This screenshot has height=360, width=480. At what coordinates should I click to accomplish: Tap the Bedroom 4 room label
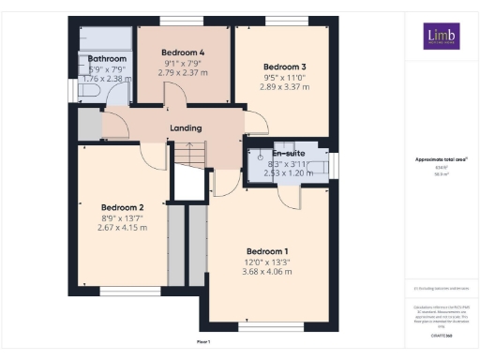click(183, 52)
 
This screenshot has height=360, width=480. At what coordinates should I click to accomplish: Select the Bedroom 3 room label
click(284, 67)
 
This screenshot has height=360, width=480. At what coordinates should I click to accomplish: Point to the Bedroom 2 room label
click(122, 207)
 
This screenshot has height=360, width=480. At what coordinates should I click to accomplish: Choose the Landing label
click(186, 128)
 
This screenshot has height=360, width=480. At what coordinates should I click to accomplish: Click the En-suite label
click(288, 153)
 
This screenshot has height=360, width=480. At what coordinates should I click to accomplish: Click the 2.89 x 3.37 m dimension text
click(284, 87)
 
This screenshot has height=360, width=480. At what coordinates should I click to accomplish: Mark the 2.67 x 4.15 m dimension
click(122, 228)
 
